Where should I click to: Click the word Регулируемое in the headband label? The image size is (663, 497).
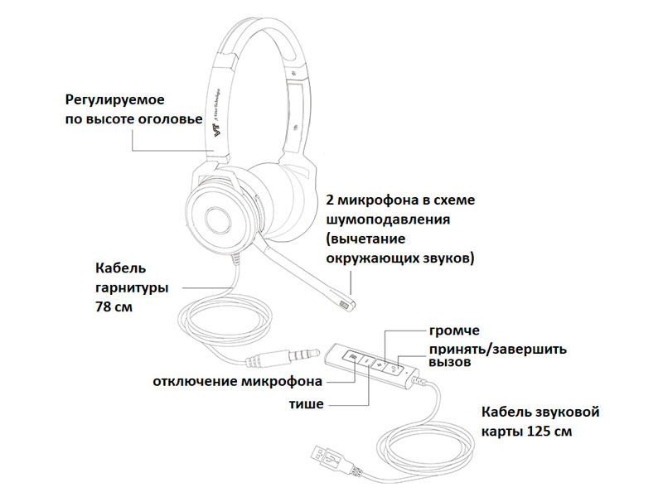(114, 100)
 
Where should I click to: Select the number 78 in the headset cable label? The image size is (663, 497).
(103, 306)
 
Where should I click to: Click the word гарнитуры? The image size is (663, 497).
(132, 287)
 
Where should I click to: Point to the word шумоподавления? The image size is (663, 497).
(388, 220)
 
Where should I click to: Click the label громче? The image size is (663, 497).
(454, 330)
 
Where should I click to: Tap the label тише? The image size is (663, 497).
(306, 404)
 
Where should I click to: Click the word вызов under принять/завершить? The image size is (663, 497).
(449, 362)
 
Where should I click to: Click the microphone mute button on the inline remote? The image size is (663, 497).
(354, 358)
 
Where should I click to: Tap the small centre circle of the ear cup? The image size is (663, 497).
(218, 220)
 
